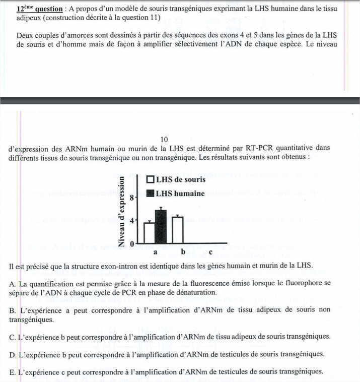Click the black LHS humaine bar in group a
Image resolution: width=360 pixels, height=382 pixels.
pos(160,227)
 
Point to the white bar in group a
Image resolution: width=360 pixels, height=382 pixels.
pos(149,232)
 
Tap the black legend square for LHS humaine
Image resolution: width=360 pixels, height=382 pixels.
pos(150,193)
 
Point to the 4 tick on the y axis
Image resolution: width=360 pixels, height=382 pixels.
pos(131,220)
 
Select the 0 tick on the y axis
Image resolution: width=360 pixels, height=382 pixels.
pos(131,243)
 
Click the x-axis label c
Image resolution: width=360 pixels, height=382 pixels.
pos(210,251)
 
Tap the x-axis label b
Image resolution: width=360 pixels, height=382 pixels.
pos(183,251)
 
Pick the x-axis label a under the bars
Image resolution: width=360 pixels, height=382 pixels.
pos(155,251)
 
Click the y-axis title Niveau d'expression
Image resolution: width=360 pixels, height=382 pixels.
pos(121,212)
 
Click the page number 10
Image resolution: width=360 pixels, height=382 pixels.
pos(163,139)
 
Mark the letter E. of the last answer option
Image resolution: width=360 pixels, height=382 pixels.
pos(12,372)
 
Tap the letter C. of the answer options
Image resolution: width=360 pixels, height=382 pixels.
pos(13,336)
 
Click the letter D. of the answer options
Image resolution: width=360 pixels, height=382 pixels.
pos(13,354)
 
